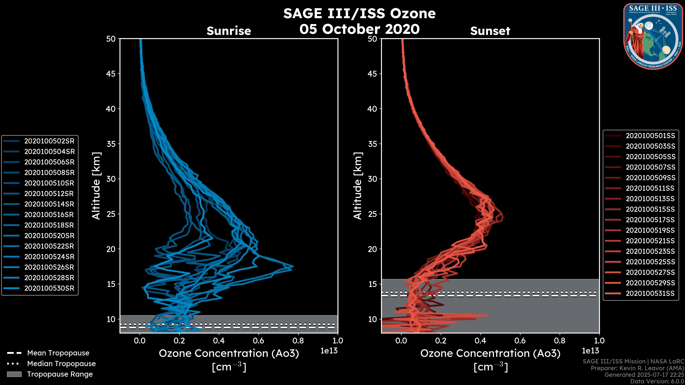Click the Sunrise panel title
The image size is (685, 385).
pyautogui.click(x=229, y=31)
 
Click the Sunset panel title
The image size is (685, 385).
pyautogui.click(x=490, y=31)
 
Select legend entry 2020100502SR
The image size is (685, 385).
pyautogui.click(x=49, y=141)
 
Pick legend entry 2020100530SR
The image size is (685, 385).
pyautogui.click(x=49, y=288)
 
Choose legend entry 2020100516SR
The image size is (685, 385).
pyautogui.click(x=49, y=215)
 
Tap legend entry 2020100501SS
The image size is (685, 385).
pyautogui.click(x=650, y=136)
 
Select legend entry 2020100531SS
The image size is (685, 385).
pyautogui.click(x=650, y=293)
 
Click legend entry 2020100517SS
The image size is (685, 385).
pyautogui.click(x=650, y=220)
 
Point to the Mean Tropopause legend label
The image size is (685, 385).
pyautogui.click(x=58, y=353)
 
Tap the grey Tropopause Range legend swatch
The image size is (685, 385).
pyautogui.click(x=14, y=374)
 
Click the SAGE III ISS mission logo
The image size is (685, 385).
pyautogui.click(x=653, y=36)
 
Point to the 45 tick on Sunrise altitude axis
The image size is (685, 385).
pyautogui.click(x=111, y=74)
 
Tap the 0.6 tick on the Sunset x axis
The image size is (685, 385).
pyautogui.click(x=520, y=341)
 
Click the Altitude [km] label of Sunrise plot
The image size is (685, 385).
pyautogui.click(x=96, y=186)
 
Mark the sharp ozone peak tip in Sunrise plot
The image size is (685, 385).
pyautogui.click(x=293, y=266)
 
